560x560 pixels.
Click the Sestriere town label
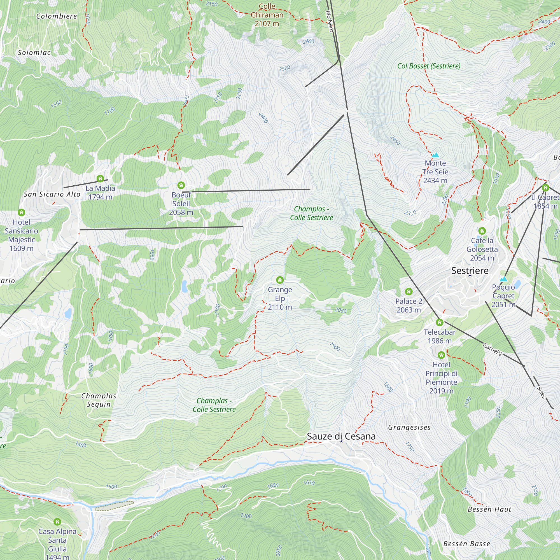pos(470,271)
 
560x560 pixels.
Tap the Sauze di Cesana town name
pos(341,436)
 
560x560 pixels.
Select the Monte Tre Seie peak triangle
pos(435,155)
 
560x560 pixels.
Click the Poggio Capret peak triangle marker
pos(503,279)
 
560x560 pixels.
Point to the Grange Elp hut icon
pos(280,280)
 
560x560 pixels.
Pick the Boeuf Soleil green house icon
pos(181,185)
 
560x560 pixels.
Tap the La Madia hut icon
pos(100,178)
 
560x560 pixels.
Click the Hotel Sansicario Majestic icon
pos(22,213)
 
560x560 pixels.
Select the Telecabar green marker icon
pos(440,322)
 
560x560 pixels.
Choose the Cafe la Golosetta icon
pos(482,231)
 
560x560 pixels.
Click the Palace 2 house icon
pos(409,291)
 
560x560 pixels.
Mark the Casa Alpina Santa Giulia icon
pos(57,522)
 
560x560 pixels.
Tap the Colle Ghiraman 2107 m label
pos(267,15)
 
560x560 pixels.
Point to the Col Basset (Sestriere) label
pos(429,66)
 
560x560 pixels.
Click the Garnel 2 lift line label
pos(493,349)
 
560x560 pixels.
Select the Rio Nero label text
pos(330,21)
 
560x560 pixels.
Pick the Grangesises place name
pos(409,428)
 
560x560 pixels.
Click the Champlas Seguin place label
pos(99,400)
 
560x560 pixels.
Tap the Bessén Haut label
pos(489,509)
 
